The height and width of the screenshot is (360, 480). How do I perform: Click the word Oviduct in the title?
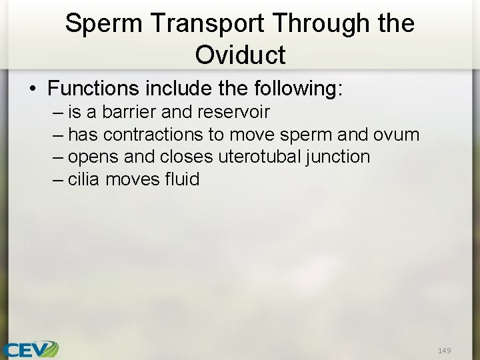coord(240,54)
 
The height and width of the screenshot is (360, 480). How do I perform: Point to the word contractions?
coord(153,134)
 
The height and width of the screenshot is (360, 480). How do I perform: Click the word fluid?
coord(183,179)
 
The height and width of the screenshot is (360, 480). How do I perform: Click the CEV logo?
coord(30,349)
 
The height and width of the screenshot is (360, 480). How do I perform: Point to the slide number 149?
coord(445,350)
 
